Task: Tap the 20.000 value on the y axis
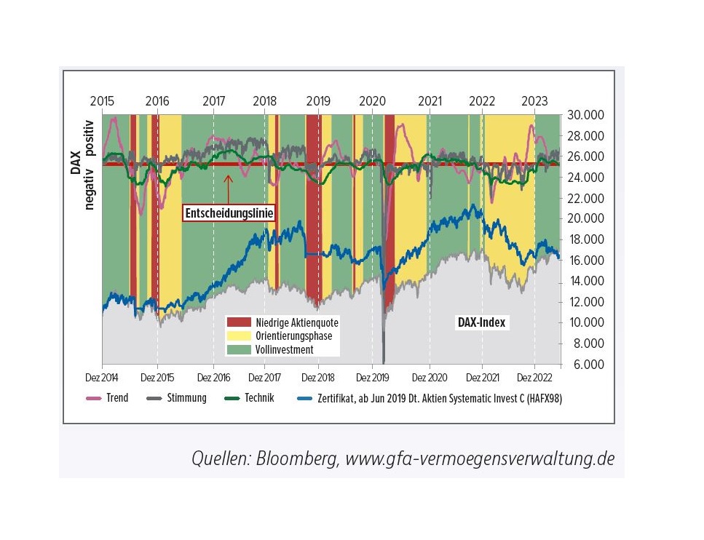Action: click(x=585, y=219)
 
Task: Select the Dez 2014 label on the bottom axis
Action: click(x=103, y=378)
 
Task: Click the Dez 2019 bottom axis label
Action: click(x=372, y=378)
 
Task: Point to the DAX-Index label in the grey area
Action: click(x=480, y=322)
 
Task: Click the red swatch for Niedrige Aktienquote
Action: click(x=239, y=322)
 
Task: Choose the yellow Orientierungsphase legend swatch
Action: click(x=239, y=336)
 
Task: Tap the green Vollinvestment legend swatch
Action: click(x=239, y=350)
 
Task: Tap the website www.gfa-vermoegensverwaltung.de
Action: click(x=480, y=459)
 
